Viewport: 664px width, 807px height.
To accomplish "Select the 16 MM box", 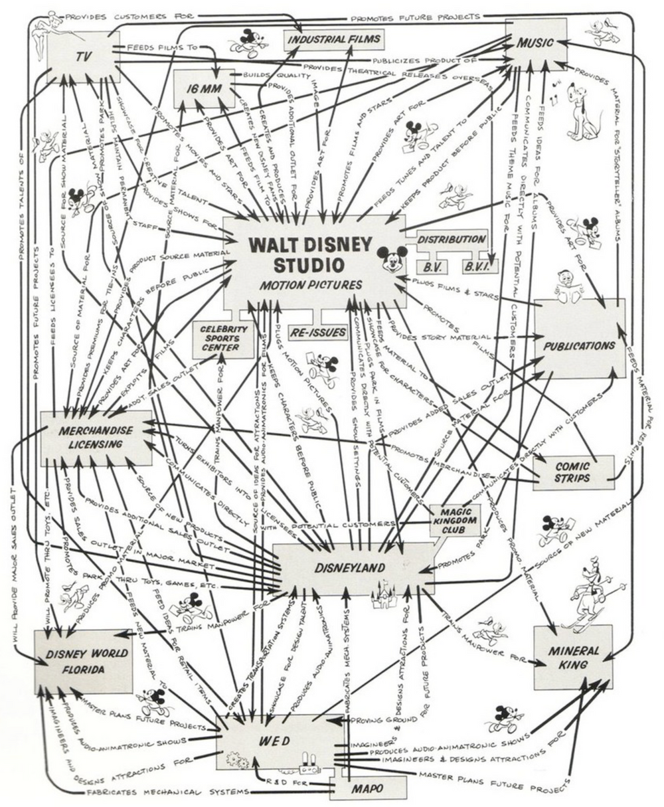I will pos(204,89).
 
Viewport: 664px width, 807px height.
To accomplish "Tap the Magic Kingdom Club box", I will pos(455,519).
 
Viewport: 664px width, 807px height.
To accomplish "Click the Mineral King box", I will pos(573,656).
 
